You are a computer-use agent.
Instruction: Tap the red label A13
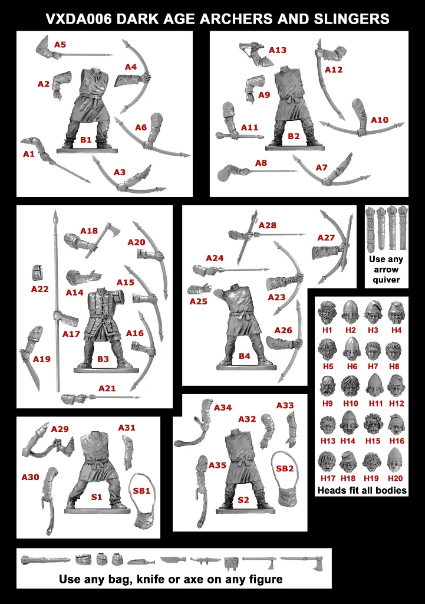[x=277, y=50]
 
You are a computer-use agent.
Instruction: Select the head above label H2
[x=351, y=311]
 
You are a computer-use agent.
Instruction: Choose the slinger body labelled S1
[x=94, y=472]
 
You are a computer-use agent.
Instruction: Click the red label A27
[x=326, y=237]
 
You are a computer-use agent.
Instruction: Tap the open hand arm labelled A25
[x=199, y=288]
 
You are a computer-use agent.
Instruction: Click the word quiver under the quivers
[x=386, y=280]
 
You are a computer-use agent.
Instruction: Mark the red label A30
[x=30, y=477]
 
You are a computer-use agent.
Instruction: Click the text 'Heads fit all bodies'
[x=362, y=490]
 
